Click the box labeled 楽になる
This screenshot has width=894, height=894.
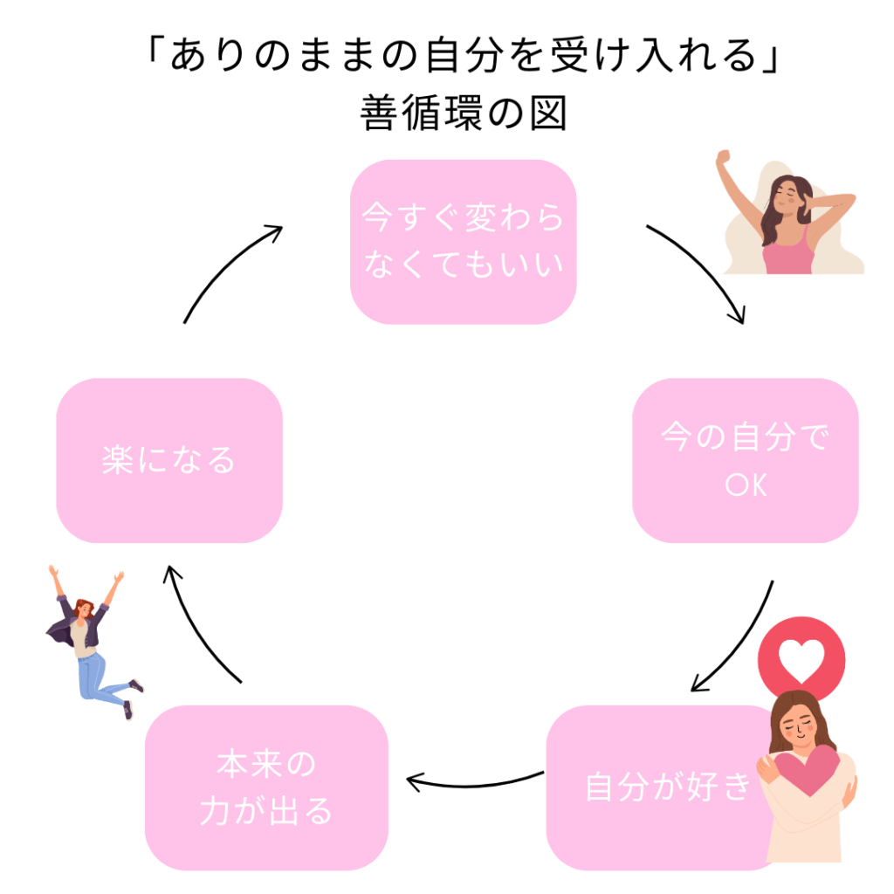[x=168, y=460]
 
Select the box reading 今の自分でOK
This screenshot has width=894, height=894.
[x=745, y=460]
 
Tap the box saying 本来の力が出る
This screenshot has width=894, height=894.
[x=266, y=787]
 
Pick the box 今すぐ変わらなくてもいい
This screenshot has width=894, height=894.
[x=463, y=242]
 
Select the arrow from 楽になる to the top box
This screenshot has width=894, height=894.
[x=227, y=266]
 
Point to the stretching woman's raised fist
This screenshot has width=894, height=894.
[x=723, y=158]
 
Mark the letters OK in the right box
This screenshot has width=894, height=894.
[x=746, y=485]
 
